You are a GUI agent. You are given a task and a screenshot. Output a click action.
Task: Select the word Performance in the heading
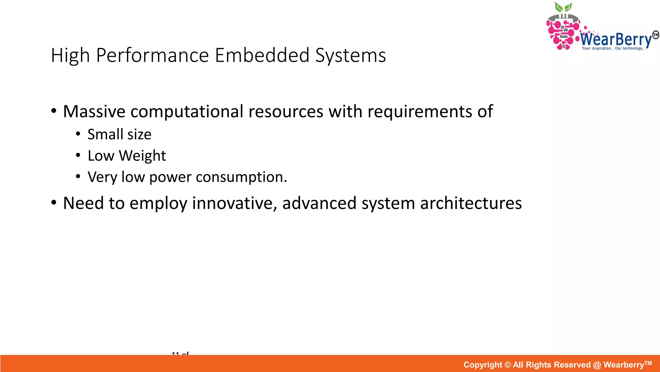pyautogui.click(x=152, y=55)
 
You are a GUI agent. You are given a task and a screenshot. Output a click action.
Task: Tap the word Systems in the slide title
pyautogui.click(x=350, y=56)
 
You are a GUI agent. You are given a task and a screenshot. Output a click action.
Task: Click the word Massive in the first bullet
pyautogui.click(x=94, y=111)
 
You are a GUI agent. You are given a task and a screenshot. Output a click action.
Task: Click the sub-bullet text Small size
pyautogui.click(x=119, y=134)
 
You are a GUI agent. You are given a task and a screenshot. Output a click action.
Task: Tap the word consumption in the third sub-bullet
pyautogui.click(x=241, y=177)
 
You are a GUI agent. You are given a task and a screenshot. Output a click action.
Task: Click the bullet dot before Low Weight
pyautogui.click(x=78, y=156)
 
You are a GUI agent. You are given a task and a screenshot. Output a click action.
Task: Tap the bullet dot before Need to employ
pyautogui.click(x=54, y=203)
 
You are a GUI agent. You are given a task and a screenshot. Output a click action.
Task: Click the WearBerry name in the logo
pyautogui.click(x=616, y=40)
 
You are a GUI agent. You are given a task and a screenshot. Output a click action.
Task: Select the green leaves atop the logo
pyautogui.click(x=563, y=7)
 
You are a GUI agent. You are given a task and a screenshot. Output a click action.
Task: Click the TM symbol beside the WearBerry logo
pyautogui.click(x=655, y=35)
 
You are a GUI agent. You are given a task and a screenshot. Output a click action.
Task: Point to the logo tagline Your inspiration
pyautogui.click(x=597, y=48)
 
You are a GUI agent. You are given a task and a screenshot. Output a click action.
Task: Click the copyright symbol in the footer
pyautogui.click(x=508, y=365)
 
